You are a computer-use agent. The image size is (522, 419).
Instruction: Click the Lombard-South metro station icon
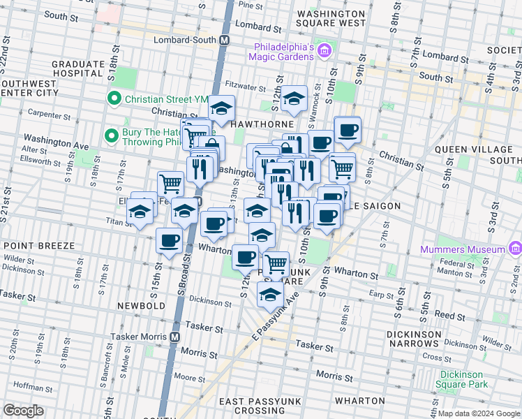click(224, 41)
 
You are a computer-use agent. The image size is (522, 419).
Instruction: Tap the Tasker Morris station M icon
click(174, 336)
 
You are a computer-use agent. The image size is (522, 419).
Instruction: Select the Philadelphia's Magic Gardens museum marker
click(324, 50)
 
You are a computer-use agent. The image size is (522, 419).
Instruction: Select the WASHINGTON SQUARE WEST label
click(331, 18)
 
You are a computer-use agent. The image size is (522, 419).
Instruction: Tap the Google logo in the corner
click(23, 411)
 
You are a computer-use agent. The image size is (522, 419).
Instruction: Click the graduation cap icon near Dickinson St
click(271, 294)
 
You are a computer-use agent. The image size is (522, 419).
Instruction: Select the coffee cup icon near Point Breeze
click(169, 240)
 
